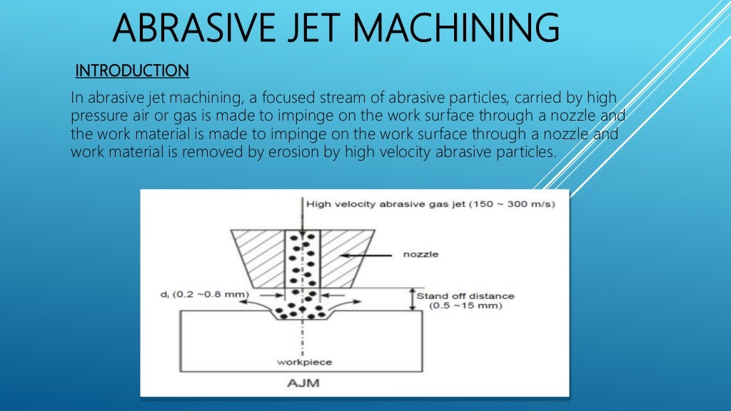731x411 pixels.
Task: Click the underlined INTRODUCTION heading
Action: coord(132,71)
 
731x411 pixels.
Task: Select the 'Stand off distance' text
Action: coord(465,295)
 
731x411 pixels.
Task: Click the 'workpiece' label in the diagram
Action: coord(304,362)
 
